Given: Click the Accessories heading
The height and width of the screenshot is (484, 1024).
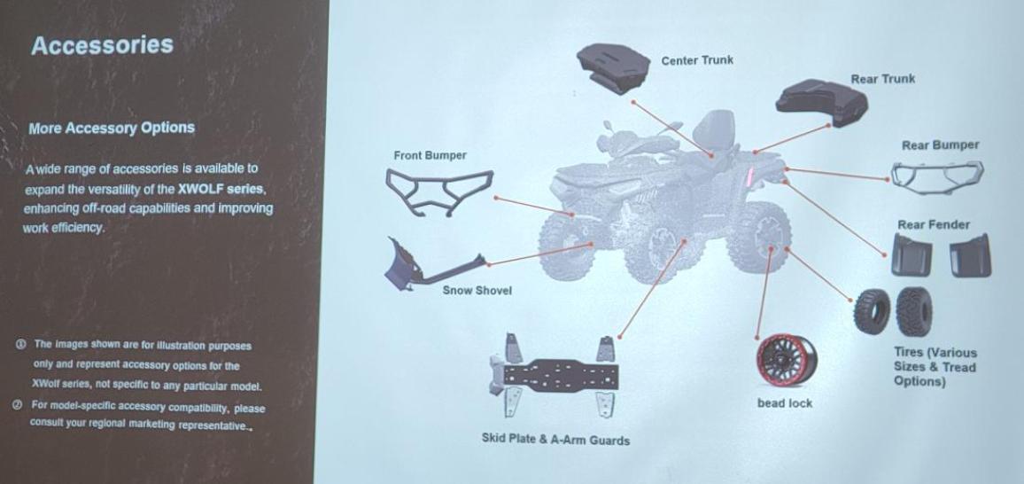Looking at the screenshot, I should tap(102, 46).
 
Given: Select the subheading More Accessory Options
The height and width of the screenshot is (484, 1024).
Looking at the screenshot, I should tap(111, 128).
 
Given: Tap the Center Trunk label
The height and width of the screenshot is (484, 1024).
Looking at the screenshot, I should tap(697, 61).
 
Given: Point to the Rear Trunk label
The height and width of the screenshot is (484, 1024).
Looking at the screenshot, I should tap(882, 79).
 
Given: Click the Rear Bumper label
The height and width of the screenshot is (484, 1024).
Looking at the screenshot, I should tap(940, 145).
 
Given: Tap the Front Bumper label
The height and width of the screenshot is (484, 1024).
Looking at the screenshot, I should tap(430, 156).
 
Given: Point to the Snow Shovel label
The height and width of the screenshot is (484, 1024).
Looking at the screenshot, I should tap(477, 291).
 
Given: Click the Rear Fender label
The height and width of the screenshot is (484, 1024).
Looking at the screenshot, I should tap(933, 225).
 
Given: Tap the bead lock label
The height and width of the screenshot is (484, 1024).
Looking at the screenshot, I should tap(784, 403).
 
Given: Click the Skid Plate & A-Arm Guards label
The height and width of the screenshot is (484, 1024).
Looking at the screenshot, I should tap(555, 439).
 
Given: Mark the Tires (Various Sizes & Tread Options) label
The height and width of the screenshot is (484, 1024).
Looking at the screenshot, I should tap(935, 367).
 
